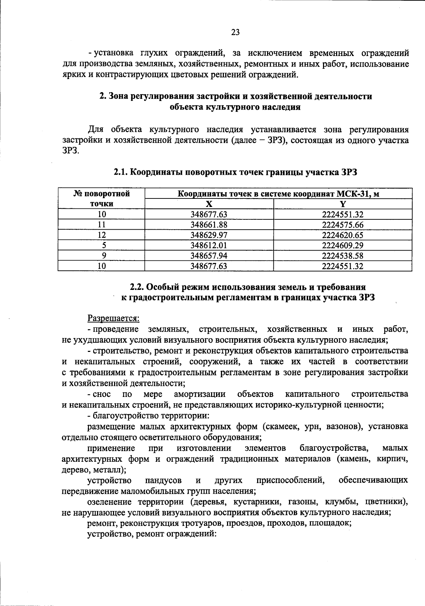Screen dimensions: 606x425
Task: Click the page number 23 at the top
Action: pos(236,32)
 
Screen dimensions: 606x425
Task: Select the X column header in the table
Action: pos(209,204)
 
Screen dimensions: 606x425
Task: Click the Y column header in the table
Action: pos(342,204)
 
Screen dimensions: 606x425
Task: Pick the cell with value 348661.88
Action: pos(209,225)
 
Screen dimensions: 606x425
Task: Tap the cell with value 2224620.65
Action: pos(342,235)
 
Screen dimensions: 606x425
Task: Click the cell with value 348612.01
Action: pos(209,245)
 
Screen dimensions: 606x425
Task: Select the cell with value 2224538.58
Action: pos(342,256)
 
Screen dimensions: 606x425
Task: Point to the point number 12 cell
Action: pos(102,235)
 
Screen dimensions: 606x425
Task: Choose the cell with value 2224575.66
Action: pos(342,225)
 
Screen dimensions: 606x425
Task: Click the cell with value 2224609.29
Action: pos(342,245)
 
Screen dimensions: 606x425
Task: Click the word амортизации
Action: pos(200,394)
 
